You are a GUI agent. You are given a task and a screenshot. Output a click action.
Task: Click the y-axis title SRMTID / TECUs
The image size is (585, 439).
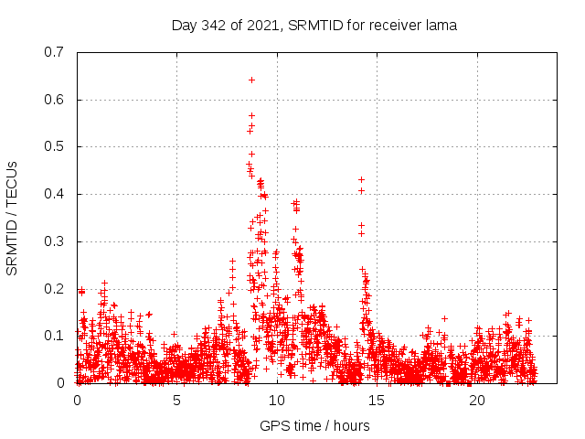(x=13, y=218)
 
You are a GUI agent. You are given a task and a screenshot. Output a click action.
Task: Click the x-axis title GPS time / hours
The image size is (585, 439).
(x=314, y=425)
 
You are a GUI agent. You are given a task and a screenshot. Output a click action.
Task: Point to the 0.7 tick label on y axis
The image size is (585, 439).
(x=53, y=52)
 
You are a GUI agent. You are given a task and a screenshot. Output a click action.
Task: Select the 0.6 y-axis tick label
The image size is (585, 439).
(x=53, y=100)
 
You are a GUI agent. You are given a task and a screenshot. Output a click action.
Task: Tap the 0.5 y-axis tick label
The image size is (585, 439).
(x=53, y=146)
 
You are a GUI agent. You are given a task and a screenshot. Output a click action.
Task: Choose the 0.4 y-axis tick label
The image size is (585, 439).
(x=53, y=194)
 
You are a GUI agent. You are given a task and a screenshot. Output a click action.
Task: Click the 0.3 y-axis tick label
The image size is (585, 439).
(x=53, y=241)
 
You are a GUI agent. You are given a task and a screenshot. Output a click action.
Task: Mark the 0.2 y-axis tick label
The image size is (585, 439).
(x=53, y=289)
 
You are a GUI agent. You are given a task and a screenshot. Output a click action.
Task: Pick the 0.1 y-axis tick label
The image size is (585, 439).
(x=53, y=336)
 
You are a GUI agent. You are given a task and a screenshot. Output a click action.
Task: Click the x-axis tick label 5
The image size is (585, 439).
(x=176, y=401)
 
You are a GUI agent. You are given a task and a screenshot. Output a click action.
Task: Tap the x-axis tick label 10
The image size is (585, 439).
(x=277, y=401)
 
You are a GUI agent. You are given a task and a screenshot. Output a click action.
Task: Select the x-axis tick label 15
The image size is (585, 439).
(x=377, y=401)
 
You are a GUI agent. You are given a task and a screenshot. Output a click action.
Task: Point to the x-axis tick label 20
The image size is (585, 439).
(x=477, y=401)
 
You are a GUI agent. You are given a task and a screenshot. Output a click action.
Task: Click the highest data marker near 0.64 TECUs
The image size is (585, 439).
(x=251, y=80)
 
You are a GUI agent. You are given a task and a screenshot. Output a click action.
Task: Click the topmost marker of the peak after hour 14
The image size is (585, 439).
(x=361, y=179)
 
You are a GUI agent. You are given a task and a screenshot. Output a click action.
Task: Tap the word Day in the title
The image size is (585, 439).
(x=185, y=26)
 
